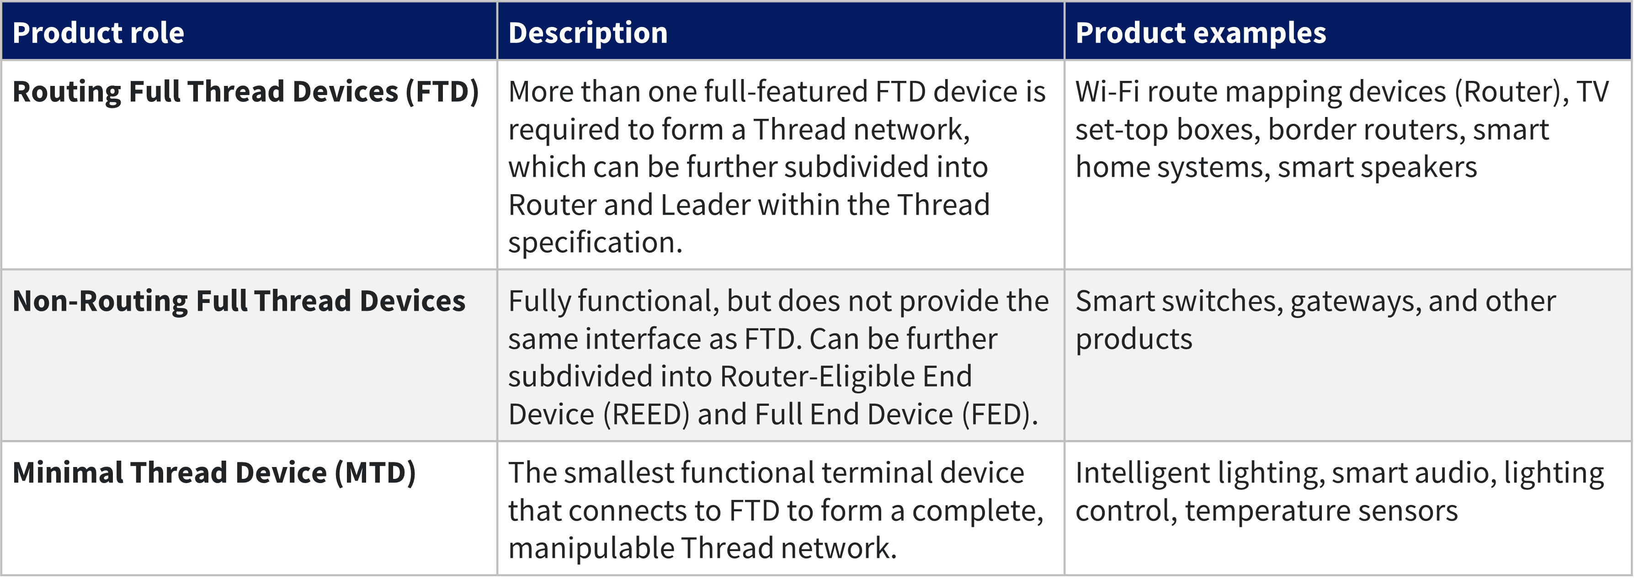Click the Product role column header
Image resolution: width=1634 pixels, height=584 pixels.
coord(98,33)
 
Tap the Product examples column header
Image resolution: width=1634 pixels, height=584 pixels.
coord(1200,33)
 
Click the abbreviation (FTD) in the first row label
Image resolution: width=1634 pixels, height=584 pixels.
coord(442,92)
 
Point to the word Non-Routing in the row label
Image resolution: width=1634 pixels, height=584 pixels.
coord(100,301)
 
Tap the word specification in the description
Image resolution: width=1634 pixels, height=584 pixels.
coord(594,243)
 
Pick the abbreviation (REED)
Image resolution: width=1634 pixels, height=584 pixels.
coord(646,415)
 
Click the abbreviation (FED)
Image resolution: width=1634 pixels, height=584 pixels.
coord(1000,415)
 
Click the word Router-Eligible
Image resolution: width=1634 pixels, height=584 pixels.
coord(817,377)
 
